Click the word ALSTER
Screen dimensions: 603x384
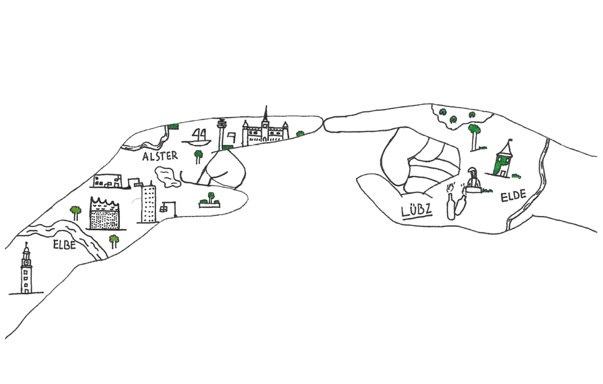tap(160, 156)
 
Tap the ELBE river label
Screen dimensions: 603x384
tap(65, 244)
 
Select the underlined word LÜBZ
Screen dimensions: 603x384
tap(417, 210)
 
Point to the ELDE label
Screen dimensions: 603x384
tap(513, 196)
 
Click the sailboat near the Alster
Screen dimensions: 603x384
tap(197, 137)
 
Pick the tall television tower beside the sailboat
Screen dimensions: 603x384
tap(222, 134)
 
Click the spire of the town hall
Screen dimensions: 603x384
tap(265, 114)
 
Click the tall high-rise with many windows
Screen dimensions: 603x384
tap(148, 203)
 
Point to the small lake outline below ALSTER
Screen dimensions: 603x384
tap(167, 177)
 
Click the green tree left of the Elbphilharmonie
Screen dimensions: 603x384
tap(76, 213)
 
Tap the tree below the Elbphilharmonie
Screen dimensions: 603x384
tap(114, 241)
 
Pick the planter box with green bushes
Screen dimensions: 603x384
tap(210, 201)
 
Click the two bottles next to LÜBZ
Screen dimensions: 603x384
tap(456, 202)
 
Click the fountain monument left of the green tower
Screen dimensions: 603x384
tap(473, 180)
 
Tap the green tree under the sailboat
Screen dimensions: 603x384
tap(198, 157)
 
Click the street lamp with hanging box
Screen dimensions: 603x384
tap(169, 208)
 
